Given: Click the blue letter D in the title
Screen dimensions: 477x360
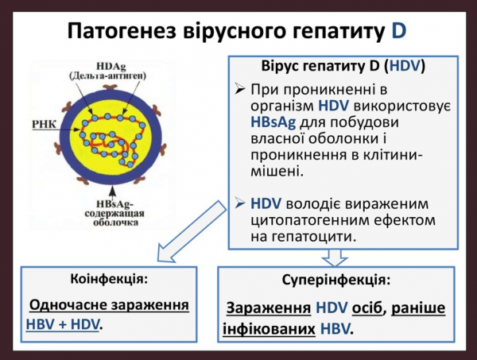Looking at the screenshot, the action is (x=398, y=31).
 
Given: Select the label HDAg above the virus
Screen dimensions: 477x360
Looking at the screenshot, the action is (x=111, y=66).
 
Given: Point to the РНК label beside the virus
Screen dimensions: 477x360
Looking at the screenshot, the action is (x=44, y=124).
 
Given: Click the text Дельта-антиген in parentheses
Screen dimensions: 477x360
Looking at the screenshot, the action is (x=108, y=76).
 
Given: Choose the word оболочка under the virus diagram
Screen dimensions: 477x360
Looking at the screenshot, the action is (x=115, y=223).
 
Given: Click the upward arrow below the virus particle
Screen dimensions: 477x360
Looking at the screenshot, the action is (x=113, y=192).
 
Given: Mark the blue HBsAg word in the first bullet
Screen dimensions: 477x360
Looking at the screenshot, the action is (x=273, y=122).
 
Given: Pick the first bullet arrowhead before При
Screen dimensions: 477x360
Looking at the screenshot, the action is (x=240, y=89).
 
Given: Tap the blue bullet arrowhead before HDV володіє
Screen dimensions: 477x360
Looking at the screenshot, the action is (x=240, y=203).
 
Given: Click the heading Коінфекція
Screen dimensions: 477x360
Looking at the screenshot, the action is (x=109, y=279).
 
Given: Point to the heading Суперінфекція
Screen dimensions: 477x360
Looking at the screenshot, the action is (x=335, y=280).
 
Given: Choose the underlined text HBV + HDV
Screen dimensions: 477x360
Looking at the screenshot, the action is (x=63, y=324).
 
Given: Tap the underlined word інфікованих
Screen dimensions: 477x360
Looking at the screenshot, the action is (x=269, y=329).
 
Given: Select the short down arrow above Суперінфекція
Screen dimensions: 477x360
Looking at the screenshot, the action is (x=335, y=257).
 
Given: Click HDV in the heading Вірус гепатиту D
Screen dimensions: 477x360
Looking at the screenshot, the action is (x=405, y=66).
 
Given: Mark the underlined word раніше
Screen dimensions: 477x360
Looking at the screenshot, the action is (x=418, y=308).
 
